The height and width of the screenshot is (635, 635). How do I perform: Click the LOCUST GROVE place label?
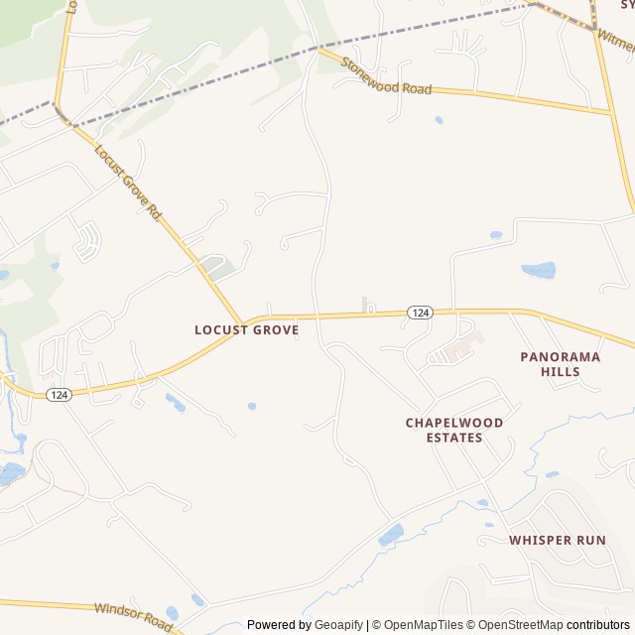246,329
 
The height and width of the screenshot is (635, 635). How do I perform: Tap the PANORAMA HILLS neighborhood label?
561,363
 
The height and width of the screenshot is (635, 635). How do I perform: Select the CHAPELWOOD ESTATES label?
454,430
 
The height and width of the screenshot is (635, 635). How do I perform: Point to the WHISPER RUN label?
558,540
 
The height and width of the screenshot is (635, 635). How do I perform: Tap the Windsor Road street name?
133,617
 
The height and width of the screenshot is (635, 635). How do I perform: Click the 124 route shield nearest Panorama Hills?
421,313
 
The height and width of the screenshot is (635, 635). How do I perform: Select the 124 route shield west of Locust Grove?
59,394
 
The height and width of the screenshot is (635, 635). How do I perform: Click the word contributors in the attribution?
598,625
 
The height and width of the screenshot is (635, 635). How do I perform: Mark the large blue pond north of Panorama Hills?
539,270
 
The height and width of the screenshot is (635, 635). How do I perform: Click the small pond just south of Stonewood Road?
439,120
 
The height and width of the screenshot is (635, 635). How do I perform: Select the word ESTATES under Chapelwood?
454,438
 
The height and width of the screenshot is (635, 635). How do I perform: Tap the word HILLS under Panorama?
561,372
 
